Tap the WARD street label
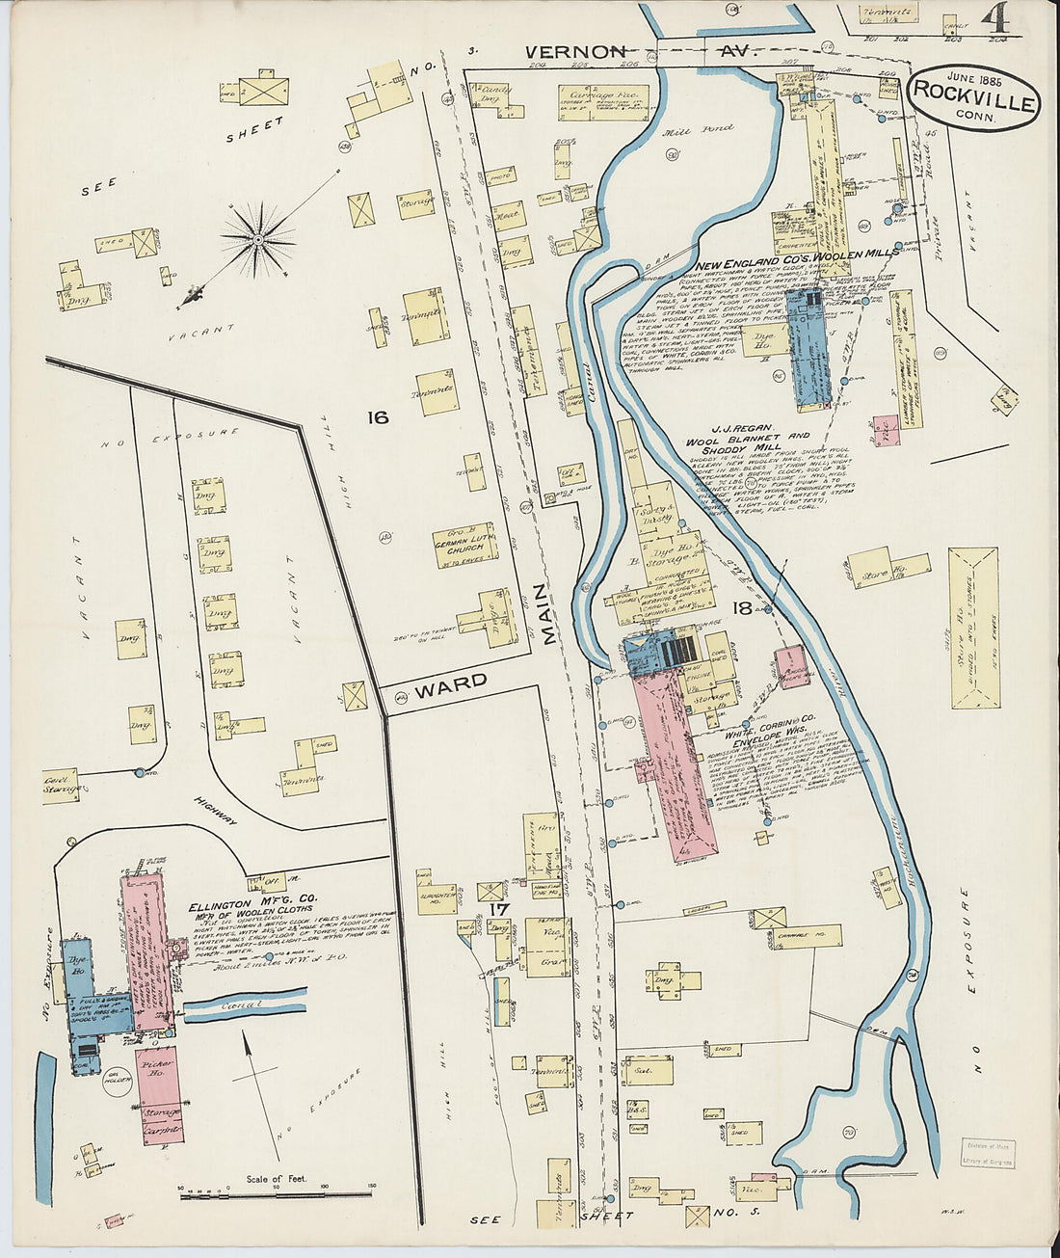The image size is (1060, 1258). coord(452,683)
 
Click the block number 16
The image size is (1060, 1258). coord(377,416)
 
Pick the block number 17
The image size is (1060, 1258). coord(498,908)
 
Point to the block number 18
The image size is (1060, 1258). coord(742,607)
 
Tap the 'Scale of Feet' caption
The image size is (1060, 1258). coord(277,1178)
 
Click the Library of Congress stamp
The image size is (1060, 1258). coord(988,1155)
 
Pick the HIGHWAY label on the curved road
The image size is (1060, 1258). coord(215,808)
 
